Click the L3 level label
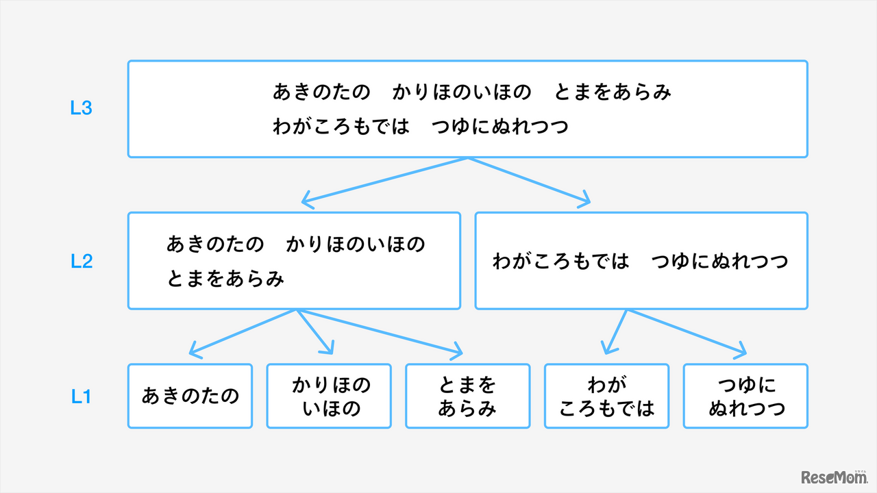click(81, 108)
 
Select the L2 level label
click(81, 261)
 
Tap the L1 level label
click(81, 396)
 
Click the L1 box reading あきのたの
click(190, 396)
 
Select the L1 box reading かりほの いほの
click(329, 396)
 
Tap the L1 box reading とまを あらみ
click(468, 396)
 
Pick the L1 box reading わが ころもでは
click(606, 396)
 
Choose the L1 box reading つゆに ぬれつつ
click(745, 396)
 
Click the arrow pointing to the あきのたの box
click(243, 333)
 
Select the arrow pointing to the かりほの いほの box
click(315, 332)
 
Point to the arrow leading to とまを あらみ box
click(380, 333)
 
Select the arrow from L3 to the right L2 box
click(528, 181)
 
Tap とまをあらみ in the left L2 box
click(225, 279)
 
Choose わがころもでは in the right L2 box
click(560, 262)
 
